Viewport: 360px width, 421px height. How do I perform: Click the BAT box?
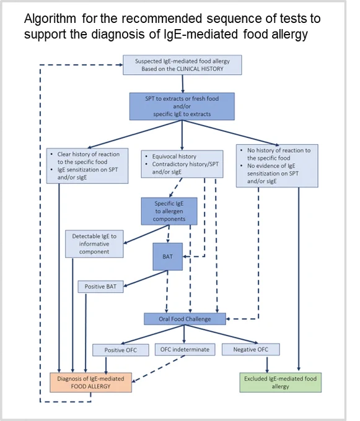click(168, 256)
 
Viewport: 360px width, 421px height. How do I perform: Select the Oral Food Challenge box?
click(185, 319)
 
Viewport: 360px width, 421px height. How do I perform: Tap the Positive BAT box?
click(101, 287)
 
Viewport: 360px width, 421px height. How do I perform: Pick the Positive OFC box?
click(121, 350)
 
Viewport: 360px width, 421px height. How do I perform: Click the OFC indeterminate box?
click(185, 350)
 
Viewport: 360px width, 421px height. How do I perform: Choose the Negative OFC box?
click(251, 349)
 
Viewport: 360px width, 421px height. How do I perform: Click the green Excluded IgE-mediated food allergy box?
click(281, 383)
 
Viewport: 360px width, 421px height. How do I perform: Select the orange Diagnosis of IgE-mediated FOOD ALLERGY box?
click(91, 383)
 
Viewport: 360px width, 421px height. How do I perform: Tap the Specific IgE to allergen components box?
click(169, 211)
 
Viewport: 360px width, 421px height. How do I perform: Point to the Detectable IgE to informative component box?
click(94, 244)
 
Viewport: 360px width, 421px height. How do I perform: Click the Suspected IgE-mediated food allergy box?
click(182, 65)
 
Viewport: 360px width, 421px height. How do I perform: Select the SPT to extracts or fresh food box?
click(182, 106)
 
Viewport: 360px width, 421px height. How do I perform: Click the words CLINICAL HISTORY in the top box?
click(200, 69)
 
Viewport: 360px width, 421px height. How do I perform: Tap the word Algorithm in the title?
click(50, 19)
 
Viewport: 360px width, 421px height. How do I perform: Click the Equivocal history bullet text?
click(174, 156)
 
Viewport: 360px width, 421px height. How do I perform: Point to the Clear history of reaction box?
click(87, 166)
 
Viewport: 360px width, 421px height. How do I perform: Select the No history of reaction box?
click(277, 166)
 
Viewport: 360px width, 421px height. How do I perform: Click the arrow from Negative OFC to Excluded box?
click(267, 364)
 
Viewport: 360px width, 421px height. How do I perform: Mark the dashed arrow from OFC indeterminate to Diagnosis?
click(159, 368)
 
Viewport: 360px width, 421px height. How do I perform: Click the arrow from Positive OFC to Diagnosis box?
click(106, 365)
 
